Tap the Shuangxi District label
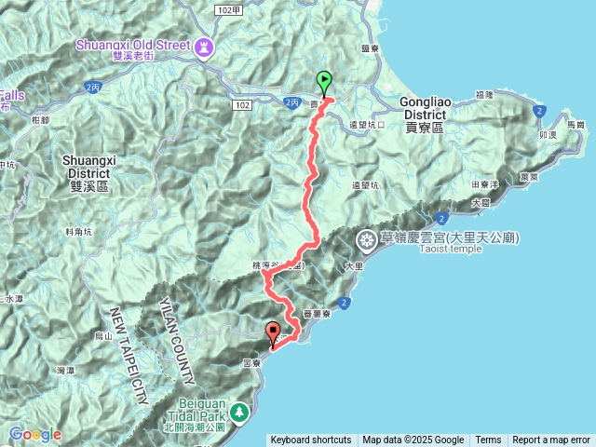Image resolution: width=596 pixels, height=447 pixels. [91, 167]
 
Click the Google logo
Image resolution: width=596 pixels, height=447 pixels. [35, 434]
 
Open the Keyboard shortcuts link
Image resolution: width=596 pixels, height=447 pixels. [310, 440]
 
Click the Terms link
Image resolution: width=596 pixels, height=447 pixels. [488, 440]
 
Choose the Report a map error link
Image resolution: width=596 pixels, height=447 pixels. [551, 440]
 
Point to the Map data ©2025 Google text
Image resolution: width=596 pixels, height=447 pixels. [413, 440]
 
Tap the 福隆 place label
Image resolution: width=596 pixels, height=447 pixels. [483, 94]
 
